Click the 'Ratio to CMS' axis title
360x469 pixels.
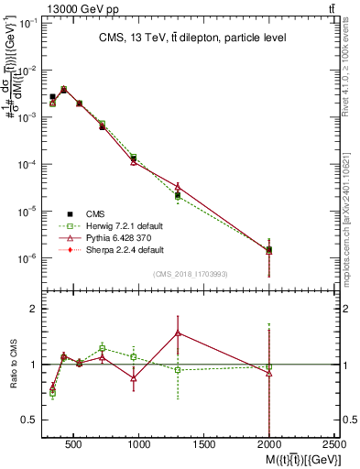pyautogui.click(x=13, y=364)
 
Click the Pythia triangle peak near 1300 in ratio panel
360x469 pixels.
pyautogui.click(x=178, y=333)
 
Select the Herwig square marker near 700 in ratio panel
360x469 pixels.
pyautogui.click(x=103, y=348)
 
